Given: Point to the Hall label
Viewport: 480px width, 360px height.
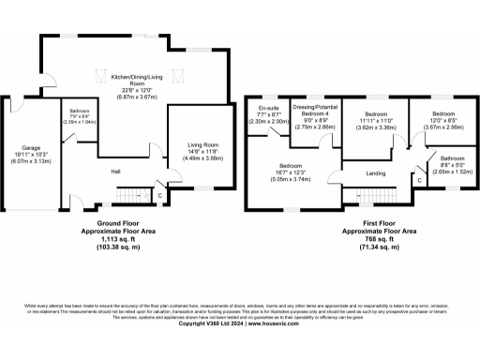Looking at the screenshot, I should (x=115, y=172).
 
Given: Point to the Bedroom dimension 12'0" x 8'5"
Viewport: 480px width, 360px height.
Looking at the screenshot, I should (x=437, y=122).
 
